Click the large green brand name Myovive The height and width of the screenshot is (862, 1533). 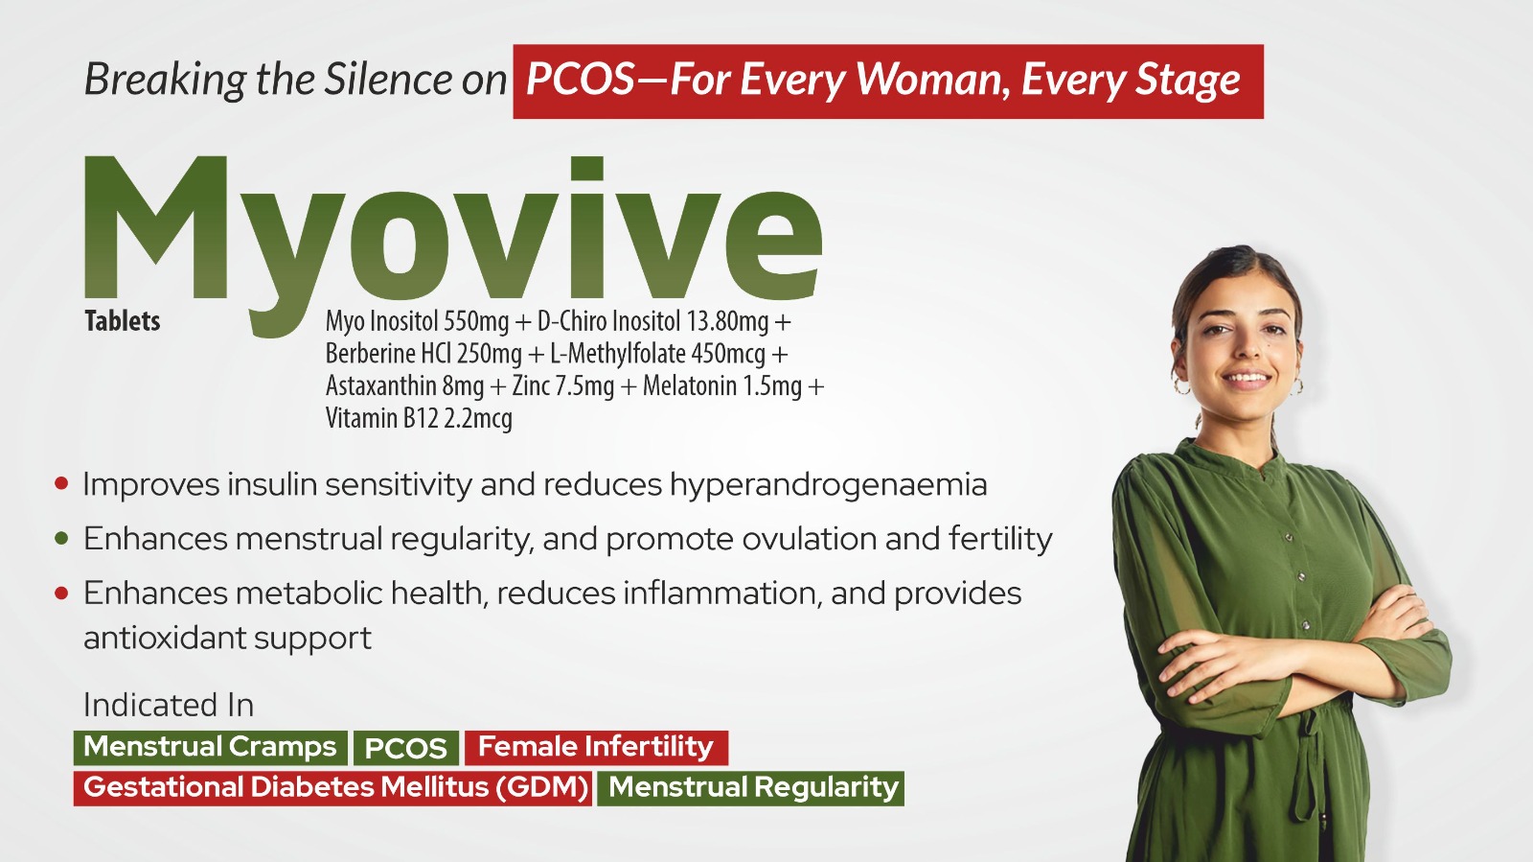pyautogui.click(x=452, y=240)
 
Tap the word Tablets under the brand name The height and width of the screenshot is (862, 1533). pyautogui.click(x=123, y=321)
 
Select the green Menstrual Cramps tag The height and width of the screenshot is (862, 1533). pyautogui.click(x=210, y=747)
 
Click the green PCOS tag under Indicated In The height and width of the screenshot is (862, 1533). pyautogui.click(x=406, y=748)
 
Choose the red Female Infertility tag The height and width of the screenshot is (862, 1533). pyautogui.click(x=596, y=747)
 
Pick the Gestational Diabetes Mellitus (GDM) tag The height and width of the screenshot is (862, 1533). pyautogui.click(x=332, y=788)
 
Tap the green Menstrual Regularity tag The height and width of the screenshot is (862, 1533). pyautogui.click(x=751, y=788)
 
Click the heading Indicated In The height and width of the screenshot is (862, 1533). pyautogui.click(x=169, y=705)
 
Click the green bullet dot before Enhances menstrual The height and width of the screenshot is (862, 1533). pyautogui.click(x=61, y=538)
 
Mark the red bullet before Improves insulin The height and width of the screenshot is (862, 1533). pyautogui.click(x=61, y=483)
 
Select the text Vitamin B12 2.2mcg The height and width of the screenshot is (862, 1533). pyautogui.click(x=419, y=418)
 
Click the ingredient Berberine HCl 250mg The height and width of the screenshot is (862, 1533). pyautogui.click(x=423, y=354)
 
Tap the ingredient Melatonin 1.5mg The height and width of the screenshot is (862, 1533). pyautogui.click(x=722, y=386)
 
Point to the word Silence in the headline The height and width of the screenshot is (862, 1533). pyautogui.click(x=388, y=80)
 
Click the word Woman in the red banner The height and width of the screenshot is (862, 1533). pyautogui.click(x=933, y=81)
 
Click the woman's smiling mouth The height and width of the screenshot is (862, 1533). pyautogui.click(x=1247, y=379)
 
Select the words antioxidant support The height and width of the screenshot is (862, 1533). pyautogui.click(x=227, y=639)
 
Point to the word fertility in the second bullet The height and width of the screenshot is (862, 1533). pyautogui.click(x=1000, y=540)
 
